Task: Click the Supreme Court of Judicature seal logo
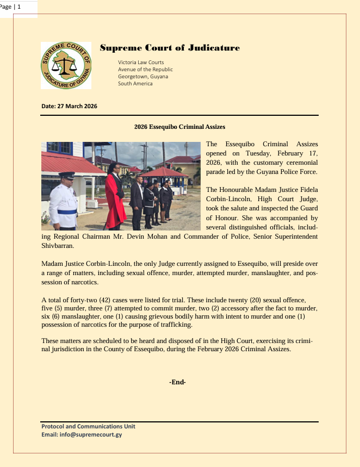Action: [66, 65]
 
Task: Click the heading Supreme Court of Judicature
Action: [170, 48]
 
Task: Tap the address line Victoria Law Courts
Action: [141, 63]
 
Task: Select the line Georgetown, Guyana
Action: [143, 77]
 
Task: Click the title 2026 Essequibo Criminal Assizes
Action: [179, 127]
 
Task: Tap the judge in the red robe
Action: [115, 196]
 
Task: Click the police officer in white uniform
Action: [64, 201]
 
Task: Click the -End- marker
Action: [178, 382]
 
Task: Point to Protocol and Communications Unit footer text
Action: [89, 427]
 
